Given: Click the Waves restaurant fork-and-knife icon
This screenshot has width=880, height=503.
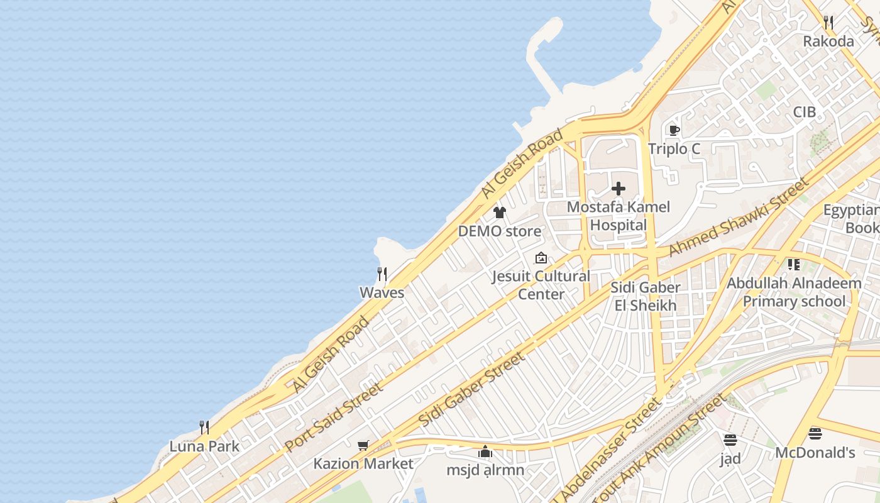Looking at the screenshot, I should tap(382, 274).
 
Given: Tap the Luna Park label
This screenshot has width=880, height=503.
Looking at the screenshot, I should tap(204, 446).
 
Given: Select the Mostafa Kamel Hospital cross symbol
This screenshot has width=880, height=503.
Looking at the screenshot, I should tap(619, 189).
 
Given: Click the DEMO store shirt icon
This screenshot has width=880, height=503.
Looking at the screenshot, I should tap(500, 213).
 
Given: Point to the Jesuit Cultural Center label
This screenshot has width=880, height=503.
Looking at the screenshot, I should tap(541, 285).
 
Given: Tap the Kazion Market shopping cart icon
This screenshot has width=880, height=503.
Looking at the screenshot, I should tap(363, 446).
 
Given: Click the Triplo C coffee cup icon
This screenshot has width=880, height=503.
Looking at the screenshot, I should tap(674, 131).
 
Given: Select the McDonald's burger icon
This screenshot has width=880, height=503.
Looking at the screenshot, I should tap(815, 433).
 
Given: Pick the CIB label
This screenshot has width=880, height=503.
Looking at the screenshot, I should tap(804, 112).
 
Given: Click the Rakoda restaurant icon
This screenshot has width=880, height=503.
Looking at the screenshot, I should tap(828, 23).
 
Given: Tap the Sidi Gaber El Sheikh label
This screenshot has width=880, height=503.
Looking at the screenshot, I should tap(646, 297).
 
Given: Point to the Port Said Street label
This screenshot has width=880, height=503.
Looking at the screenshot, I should tap(334, 416).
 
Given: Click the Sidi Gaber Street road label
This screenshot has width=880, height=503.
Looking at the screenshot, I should tap(471, 389).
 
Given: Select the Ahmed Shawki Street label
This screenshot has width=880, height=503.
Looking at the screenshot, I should tap(738, 217).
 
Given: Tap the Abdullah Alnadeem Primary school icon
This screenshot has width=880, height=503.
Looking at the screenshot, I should tap(794, 265).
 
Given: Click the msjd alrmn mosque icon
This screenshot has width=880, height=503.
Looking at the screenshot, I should tap(485, 451).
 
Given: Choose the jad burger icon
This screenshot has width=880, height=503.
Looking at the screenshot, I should tap(730, 439).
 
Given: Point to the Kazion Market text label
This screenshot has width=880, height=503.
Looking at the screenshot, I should tap(363, 464).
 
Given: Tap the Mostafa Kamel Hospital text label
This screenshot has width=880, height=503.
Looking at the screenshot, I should tap(619, 216).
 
